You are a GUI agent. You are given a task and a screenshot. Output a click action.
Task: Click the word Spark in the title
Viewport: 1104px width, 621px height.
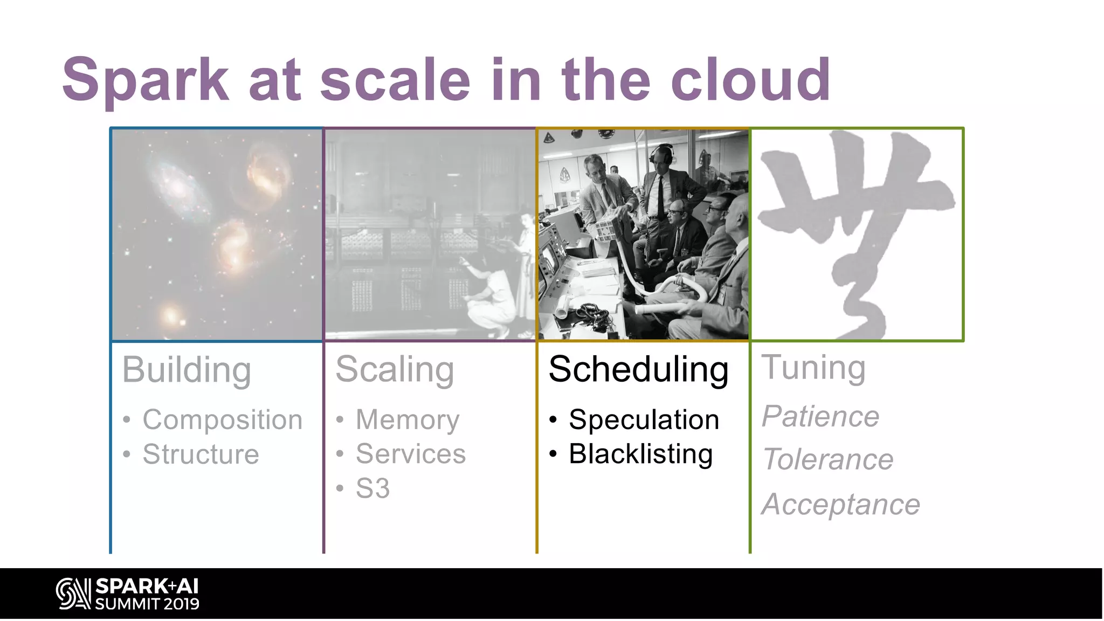146,81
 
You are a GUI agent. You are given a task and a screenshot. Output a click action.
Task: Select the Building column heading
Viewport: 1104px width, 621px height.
187,370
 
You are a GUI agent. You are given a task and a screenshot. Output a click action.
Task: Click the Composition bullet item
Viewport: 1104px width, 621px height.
222,420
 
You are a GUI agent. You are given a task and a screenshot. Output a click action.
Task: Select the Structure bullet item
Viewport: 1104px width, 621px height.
201,454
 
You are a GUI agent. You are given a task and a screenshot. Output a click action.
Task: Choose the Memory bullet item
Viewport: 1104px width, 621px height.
408,420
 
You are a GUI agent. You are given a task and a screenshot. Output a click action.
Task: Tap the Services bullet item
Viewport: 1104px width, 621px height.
411,454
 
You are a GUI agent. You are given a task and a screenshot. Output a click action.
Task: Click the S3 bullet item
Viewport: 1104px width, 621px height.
372,488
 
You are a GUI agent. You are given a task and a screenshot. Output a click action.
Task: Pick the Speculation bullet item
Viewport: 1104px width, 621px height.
644,420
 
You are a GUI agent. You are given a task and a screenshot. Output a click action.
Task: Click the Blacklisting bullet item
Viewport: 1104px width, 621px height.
640,454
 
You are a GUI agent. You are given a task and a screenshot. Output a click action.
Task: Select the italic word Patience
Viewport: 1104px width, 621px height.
820,417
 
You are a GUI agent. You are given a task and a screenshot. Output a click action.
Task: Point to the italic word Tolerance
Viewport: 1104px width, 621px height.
828,460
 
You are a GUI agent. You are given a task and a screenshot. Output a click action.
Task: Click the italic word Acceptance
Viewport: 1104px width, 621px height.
840,505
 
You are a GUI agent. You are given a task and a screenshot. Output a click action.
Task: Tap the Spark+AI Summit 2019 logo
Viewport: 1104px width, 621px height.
128,594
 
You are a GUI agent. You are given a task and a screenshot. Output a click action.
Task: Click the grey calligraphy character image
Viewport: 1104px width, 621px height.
856,234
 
